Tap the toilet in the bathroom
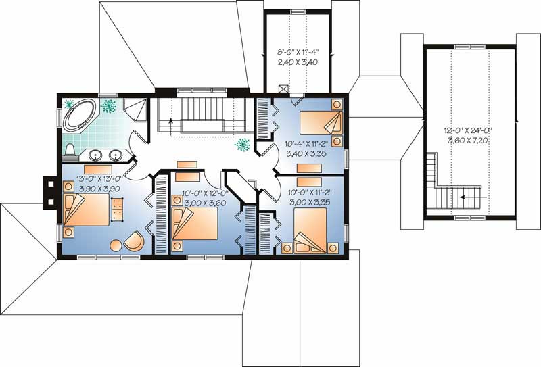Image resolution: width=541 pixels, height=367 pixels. tap(70, 148)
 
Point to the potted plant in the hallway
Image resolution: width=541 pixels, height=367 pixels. tap(242, 144)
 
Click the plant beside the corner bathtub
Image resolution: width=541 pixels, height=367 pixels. tap(108, 106)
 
